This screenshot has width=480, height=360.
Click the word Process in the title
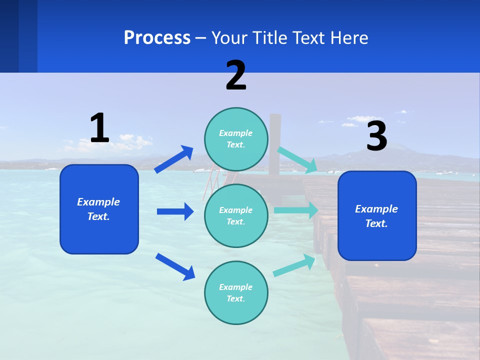coord(157,37)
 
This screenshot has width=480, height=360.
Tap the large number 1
coord(99,128)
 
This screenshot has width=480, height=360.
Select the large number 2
coord(236,75)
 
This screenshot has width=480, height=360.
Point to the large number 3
coord(376,136)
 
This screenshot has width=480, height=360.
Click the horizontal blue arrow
coord(175,211)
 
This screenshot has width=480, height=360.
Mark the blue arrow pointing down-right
coord(175,266)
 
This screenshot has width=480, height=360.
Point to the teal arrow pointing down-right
coord(297,160)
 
